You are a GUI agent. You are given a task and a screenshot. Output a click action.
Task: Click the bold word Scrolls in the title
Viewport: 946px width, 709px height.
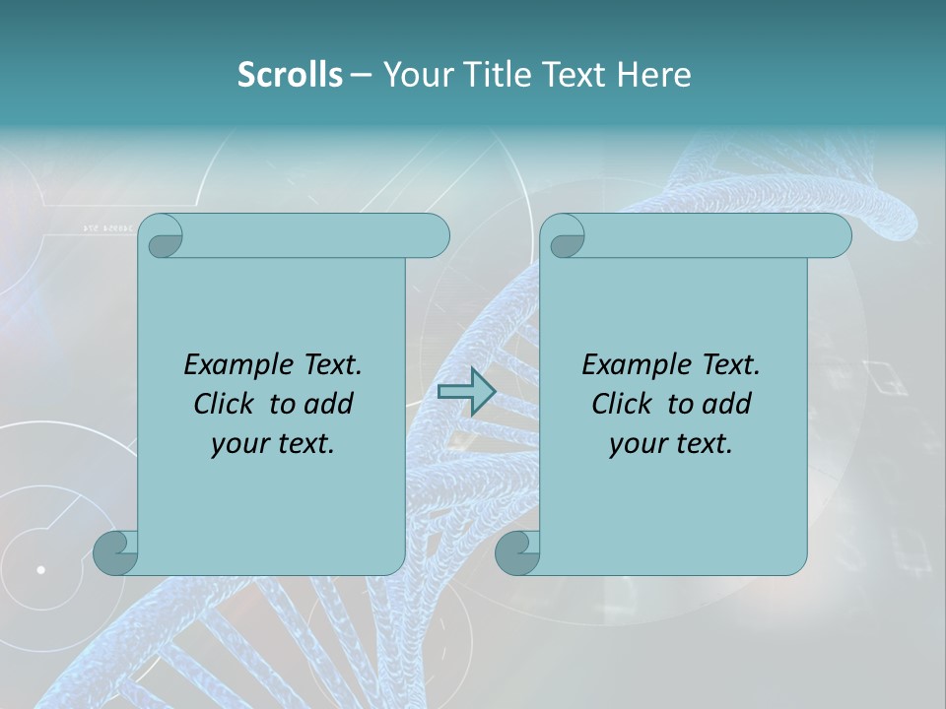(290, 74)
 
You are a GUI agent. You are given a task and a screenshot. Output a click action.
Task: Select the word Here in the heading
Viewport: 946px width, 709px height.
(653, 74)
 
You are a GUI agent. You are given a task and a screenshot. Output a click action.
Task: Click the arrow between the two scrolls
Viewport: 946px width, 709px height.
(466, 392)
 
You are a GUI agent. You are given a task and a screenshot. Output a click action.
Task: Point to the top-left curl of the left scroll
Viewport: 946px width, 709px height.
(161, 237)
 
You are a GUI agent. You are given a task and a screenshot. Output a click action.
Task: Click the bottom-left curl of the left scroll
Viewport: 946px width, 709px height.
(115, 552)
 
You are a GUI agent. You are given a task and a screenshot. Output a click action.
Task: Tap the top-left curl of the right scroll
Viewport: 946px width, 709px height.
(563, 237)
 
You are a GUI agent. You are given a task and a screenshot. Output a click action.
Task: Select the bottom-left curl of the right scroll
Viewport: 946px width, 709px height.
(517, 552)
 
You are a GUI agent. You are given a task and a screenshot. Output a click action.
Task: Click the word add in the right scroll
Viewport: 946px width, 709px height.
(725, 404)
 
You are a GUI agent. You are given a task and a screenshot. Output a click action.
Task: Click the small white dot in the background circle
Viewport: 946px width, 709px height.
(41, 569)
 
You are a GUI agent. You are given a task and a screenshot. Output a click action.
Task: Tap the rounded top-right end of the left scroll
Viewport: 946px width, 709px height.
(434, 235)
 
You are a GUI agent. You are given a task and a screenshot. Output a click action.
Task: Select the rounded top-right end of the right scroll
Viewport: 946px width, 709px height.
(836, 235)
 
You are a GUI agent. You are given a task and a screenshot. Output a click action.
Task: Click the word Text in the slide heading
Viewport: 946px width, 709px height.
(575, 74)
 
